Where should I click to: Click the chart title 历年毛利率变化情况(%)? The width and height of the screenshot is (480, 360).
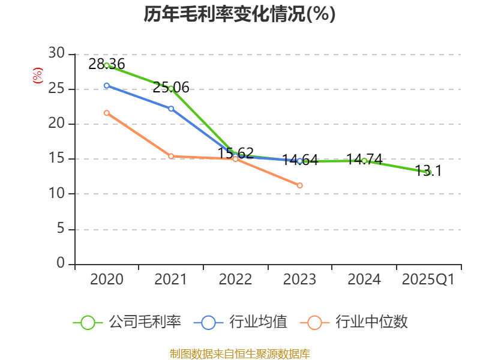pos(239,14)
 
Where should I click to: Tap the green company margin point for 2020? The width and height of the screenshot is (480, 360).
pos(107,65)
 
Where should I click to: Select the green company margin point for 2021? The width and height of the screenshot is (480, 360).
pos(171,88)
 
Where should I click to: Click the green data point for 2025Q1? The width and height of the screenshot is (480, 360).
pos(428,172)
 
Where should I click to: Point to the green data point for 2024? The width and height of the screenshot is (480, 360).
pos(364,161)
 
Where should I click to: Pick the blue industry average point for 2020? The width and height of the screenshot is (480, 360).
pos(107,86)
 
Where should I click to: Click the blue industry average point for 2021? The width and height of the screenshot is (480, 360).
pos(171,109)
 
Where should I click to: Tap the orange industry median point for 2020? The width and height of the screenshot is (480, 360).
pos(107,113)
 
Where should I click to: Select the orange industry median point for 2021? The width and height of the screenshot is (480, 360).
pos(171,156)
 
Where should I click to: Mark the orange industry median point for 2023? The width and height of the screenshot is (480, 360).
pos(300,185)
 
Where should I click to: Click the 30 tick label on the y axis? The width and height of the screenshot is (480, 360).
pos(56,54)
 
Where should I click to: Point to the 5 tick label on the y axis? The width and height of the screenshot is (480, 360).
pos(61,229)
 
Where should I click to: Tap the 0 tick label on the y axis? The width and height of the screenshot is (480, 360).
pos(61,263)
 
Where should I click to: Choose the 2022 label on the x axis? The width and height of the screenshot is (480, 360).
pos(235,280)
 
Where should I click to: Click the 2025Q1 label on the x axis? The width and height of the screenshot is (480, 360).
pos(428,280)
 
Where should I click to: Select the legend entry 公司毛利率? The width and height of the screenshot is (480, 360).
pos(127,322)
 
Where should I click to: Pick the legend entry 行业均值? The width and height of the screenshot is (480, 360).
pos(241,322)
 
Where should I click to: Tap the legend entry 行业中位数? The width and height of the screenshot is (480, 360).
pos(358,322)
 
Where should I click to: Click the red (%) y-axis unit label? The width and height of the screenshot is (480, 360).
pos(38,76)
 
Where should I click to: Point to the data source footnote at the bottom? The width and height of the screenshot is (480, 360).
pos(239,353)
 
